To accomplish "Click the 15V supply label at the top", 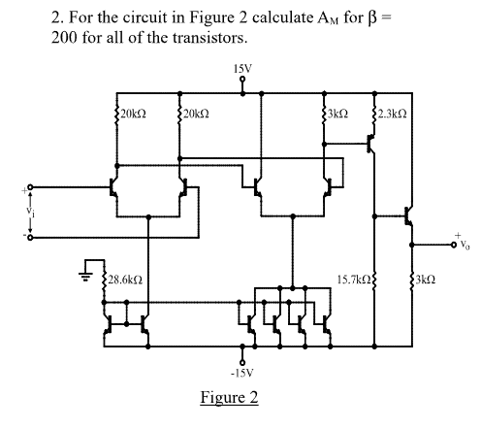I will (x=242, y=69).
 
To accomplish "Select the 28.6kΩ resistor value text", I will (x=126, y=279).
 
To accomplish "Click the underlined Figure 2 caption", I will (x=229, y=399).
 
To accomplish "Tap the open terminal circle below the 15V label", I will (x=242, y=82).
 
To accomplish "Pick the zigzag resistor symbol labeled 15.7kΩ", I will (x=374, y=280).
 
